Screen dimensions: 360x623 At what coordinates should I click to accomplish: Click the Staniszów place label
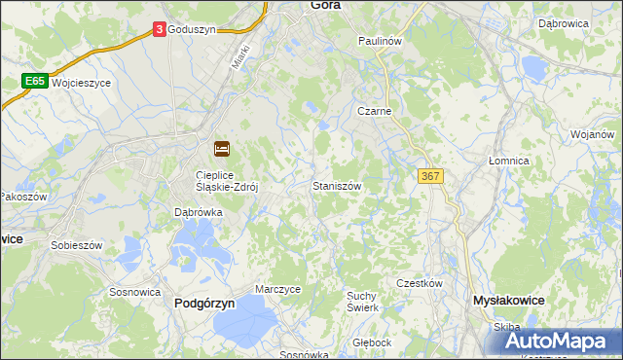(338, 185)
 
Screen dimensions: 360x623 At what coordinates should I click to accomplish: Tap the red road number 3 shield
(159, 30)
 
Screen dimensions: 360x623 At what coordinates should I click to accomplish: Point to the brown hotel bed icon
(222, 149)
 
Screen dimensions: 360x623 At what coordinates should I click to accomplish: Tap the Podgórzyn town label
(204, 303)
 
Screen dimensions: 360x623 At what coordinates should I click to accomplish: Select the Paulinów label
(380, 42)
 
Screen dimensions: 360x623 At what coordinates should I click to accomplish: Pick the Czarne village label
(374, 111)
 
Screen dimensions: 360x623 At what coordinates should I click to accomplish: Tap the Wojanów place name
(593, 134)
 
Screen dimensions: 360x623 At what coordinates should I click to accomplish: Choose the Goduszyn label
(190, 30)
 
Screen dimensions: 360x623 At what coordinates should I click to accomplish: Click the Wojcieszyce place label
(82, 83)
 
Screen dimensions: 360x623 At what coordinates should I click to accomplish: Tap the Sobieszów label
(76, 245)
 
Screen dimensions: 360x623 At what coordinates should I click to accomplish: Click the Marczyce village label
(277, 289)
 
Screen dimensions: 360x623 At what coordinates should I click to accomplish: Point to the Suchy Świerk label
(363, 301)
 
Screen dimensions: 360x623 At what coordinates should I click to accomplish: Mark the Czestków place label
(420, 283)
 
